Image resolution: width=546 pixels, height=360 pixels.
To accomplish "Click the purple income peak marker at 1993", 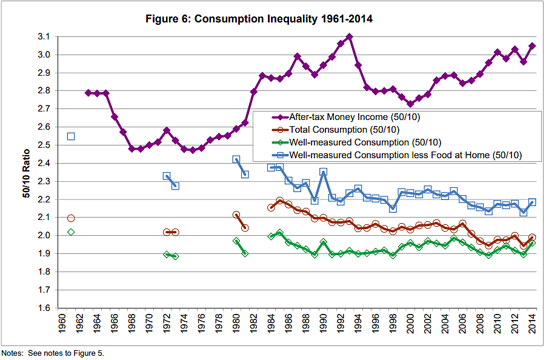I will pos(349,37).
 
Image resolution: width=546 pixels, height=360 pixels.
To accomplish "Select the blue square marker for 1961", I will pos(71,136).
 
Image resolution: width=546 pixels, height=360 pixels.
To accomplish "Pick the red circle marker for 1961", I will pos(71,218).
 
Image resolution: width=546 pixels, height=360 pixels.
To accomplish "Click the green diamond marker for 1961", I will pos(71,232).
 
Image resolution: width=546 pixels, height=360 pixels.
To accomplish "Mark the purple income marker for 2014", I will pos(531,46).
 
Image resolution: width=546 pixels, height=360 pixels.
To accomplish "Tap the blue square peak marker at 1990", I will pos(323,172).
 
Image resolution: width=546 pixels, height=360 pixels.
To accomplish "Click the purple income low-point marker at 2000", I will pos(410,104).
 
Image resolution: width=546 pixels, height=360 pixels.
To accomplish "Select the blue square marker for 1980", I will pos(236,159).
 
